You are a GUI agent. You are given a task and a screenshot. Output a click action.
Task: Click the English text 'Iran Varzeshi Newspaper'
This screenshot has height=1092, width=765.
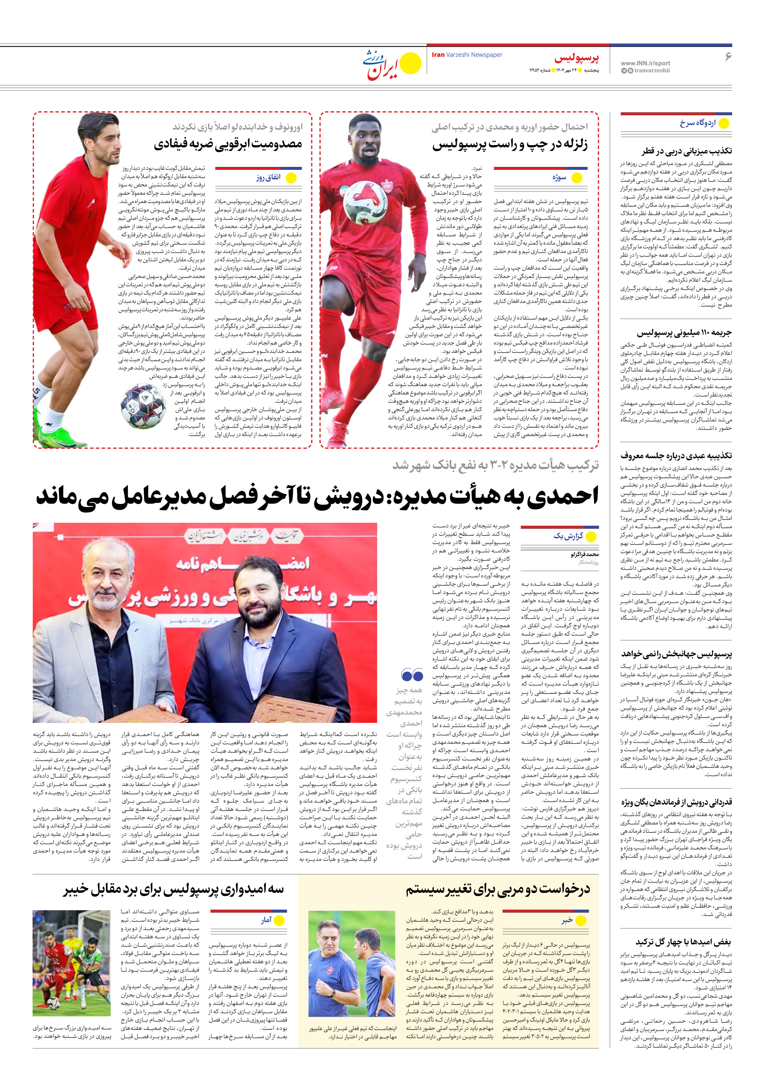click(x=467, y=55)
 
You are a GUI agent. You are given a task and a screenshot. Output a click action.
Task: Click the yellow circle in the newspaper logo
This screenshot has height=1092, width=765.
click(x=410, y=63)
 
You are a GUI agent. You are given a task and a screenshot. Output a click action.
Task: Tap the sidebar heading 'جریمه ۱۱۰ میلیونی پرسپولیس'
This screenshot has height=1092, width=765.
click(x=684, y=333)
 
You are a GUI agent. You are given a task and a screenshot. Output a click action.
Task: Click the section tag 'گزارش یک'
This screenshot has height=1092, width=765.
click(x=568, y=536)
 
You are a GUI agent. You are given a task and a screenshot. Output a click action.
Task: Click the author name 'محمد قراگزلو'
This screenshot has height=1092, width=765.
click(x=584, y=554)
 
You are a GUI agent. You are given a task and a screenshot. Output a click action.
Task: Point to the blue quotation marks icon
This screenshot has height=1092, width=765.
click(x=412, y=674)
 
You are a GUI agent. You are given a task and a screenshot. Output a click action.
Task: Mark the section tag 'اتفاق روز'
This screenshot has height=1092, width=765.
click(x=268, y=177)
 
